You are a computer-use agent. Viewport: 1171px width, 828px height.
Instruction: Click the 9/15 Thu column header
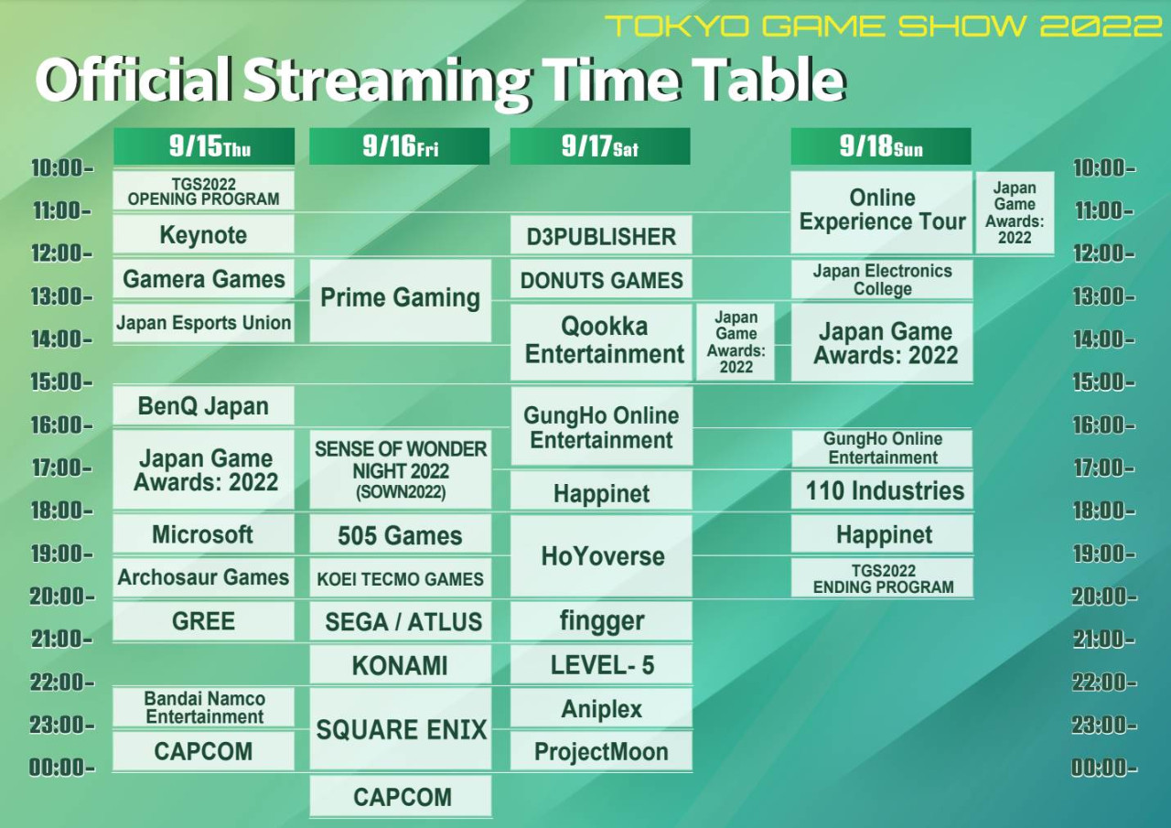(x=204, y=146)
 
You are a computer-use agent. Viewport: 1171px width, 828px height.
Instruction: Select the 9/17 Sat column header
(x=600, y=146)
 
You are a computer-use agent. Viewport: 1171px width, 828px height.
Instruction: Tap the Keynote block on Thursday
(x=203, y=235)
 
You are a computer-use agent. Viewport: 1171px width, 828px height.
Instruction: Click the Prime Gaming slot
(x=401, y=301)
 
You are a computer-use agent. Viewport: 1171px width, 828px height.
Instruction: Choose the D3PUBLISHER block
(x=601, y=236)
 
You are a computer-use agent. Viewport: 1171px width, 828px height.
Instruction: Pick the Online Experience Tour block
(x=882, y=212)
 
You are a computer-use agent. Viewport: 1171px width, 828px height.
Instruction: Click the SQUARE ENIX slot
(x=401, y=728)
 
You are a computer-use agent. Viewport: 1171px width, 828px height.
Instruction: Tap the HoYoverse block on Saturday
(x=601, y=555)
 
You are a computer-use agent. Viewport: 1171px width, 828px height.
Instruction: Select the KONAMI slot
(x=401, y=664)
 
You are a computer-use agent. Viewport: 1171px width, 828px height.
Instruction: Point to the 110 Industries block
(x=882, y=490)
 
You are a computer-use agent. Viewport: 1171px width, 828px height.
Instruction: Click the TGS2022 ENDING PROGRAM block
(x=882, y=577)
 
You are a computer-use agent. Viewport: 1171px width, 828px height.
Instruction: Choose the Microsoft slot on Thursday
(x=203, y=533)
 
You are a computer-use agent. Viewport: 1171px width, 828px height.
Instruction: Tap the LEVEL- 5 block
(x=601, y=664)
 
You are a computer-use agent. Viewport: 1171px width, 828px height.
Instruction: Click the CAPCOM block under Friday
(x=401, y=796)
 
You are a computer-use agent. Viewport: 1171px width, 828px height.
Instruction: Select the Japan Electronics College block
(x=882, y=280)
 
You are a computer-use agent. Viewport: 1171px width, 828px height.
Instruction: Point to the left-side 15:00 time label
(x=61, y=382)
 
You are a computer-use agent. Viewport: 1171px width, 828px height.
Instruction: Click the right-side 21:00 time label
(x=1103, y=639)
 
